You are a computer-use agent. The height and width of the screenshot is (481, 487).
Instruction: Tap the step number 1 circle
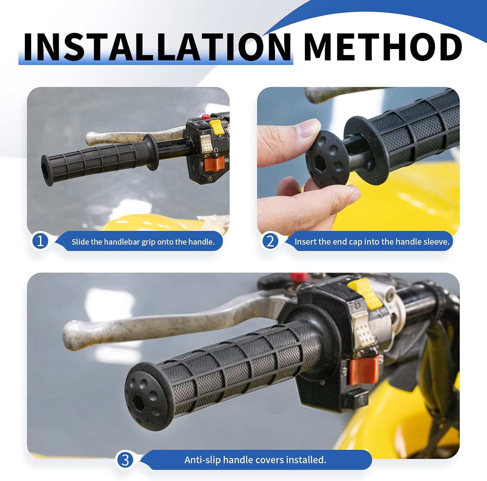pos(40,241)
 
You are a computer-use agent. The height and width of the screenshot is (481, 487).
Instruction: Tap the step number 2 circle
pos(270,241)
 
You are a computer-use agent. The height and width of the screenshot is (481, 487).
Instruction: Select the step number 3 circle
pos(125,460)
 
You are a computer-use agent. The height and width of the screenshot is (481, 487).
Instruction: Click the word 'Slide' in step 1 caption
pos(79,242)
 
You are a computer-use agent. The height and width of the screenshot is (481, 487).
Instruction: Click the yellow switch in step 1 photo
pos(217,127)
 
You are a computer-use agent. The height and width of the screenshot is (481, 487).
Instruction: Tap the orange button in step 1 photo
pos(214,164)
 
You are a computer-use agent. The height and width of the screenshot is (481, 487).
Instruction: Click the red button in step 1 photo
pos(205,116)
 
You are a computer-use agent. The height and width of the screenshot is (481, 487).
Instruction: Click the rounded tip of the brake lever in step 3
pos(72,335)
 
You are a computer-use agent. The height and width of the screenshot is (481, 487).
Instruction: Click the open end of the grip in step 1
pos(47,170)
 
